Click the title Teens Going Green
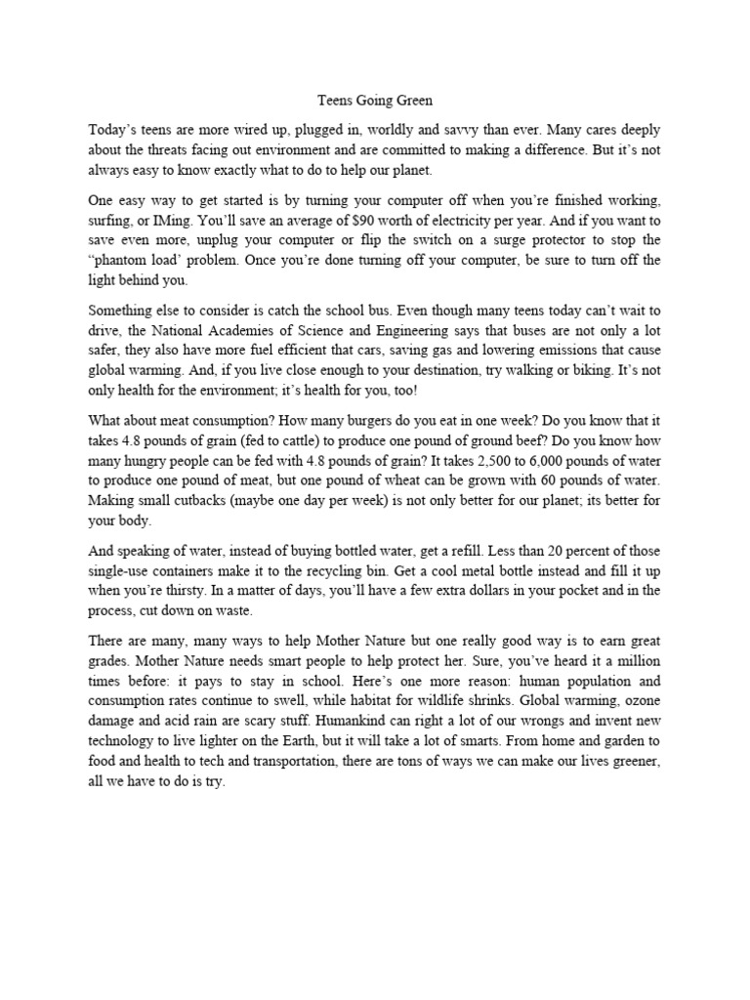(375, 100)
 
